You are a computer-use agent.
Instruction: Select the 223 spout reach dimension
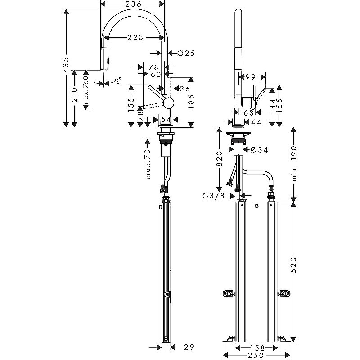(x=133, y=38)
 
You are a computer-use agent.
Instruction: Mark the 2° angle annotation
(x=118, y=81)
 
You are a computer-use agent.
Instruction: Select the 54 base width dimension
(x=165, y=120)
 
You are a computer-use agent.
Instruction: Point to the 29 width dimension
(x=189, y=346)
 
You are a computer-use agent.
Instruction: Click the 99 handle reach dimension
(x=251, y=77)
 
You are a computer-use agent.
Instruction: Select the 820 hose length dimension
(x=219, y=158)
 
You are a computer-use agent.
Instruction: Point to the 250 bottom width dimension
(x=256, y=355)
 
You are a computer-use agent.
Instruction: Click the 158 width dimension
(x=256, y=347)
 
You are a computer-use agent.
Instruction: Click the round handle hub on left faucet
(x=168, y=103)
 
